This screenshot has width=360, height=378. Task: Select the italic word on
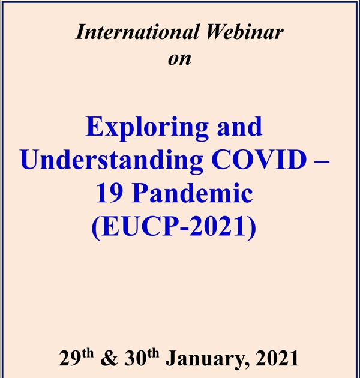click(181, 58)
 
